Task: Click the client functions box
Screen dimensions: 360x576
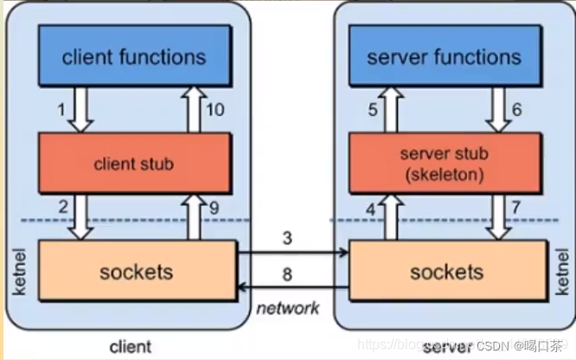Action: (134, 57)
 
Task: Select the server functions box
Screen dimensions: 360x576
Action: (444, 57)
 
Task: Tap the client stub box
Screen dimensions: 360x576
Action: (134, 162)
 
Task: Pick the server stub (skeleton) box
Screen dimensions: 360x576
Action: (444, 162)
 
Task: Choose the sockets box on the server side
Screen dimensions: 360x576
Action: (446, 272)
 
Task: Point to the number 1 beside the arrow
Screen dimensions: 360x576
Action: (61, 110)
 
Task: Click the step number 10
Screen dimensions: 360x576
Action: (216, 110)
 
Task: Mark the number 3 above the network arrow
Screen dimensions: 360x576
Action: (287, 237)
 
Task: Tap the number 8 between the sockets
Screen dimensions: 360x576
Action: (287, 274)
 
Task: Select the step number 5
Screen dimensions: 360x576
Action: (373, 110)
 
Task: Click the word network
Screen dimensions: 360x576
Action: (288, 307)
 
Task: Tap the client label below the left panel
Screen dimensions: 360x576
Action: (131, 346)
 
